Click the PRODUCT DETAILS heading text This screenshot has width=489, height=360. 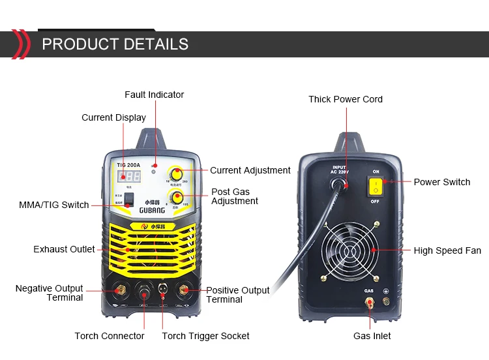click(115, 44)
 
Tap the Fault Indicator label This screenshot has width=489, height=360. click(155, 95)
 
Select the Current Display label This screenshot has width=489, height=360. click(113, 117)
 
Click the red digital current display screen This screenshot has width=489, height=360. click(126, 176)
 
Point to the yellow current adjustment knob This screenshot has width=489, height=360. click(175, 173)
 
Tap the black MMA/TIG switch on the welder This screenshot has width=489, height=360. click(130, 199)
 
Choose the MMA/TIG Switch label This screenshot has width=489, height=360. click(54, 205)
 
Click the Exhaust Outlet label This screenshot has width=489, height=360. click(64, 249)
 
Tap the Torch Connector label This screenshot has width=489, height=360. click(110, 336)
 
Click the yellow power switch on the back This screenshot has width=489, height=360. click(376, 187)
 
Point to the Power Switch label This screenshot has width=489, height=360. click(442, 182)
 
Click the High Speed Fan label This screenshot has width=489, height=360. click(447, 250)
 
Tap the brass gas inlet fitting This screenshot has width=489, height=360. click(370, 302)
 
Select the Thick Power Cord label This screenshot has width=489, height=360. click(346, 99)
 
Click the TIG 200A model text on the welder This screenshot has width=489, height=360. click(129, 165)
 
